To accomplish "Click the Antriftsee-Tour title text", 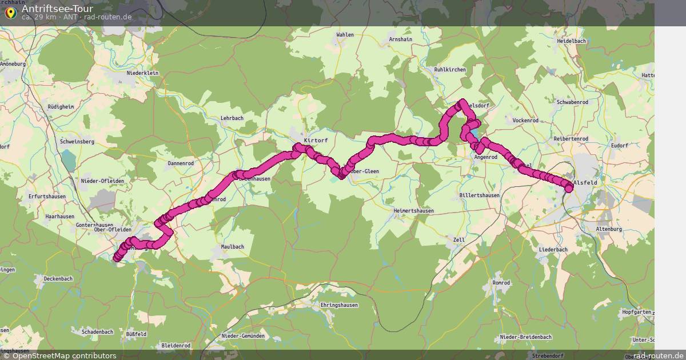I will click(57, 9).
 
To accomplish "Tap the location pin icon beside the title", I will click(10, 11).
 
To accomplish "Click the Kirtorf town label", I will click(316, 140).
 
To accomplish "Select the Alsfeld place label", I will click(585, 183).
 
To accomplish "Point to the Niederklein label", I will click(142, 73).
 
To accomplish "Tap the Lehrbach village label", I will click(232, 118).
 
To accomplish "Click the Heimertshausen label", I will click(413, 211).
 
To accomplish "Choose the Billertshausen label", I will click(479, 195).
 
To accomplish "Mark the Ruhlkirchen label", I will click(450, 70).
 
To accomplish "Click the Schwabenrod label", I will click(572, 102).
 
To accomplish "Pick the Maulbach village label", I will click(233, 247).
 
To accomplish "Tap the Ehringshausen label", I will click(339, 305).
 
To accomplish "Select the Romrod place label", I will click(501, 283).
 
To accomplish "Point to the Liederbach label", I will click(553, 250).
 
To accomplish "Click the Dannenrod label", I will click(181, 163).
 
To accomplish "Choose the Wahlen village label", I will click(345, 35).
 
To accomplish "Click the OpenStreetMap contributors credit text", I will click(64, 355).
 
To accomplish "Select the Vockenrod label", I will click(526, 121).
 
